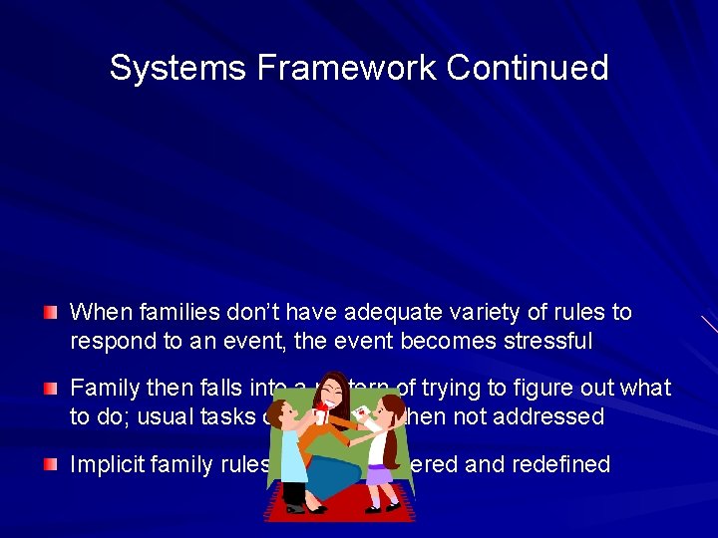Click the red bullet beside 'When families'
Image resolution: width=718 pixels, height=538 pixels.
(x=50, y=314)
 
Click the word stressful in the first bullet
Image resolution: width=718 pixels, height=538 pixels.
(x=547, y=341)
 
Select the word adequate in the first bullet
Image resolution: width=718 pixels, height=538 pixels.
(x=388, y=313)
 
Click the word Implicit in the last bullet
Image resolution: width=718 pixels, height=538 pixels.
(x=105, y=464)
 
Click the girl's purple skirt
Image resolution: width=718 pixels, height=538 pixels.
(x=380, y=474)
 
